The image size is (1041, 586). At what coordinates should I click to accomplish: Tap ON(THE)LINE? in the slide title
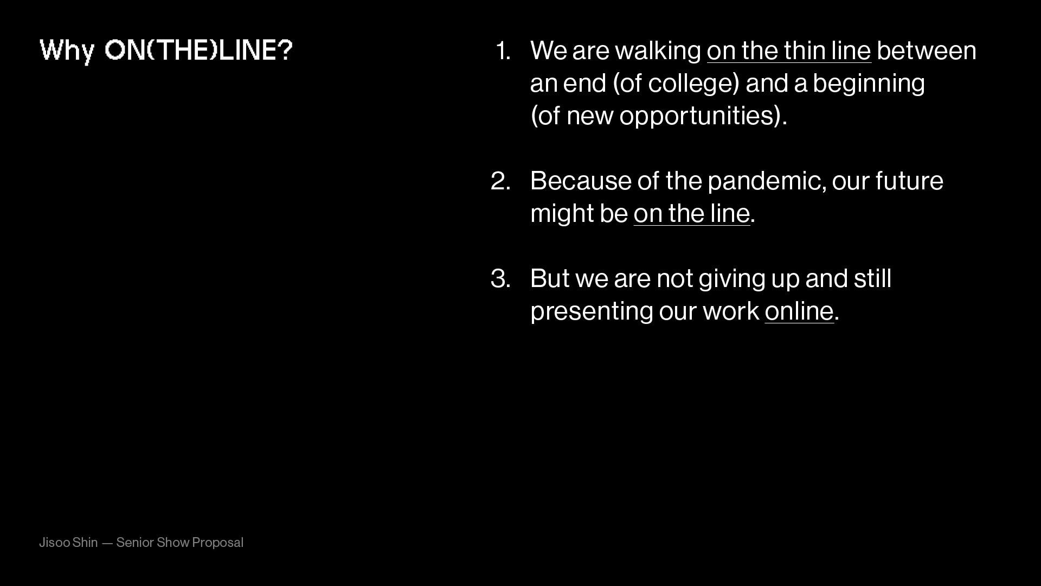tap(198, 50)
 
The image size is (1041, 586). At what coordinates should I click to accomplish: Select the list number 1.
tap(504, 50)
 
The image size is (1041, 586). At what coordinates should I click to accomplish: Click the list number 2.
tap(501, 181)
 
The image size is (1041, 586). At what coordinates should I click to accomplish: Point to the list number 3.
tap(501, 278)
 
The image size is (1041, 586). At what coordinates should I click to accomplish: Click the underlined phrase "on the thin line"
tap(789, 51)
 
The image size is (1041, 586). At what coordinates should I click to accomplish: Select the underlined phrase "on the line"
tap(692, 214)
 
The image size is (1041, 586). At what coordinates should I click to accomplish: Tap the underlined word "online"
tap(799, 311)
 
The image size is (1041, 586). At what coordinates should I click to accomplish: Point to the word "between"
tap(927, 50)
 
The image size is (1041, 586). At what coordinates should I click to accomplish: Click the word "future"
tap(909, 181)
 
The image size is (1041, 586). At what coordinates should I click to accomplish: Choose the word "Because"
tap(581, 181)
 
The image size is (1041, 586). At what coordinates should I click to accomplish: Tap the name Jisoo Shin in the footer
tap(68, 543)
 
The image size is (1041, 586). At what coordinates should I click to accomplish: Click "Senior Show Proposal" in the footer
tap(180, 543)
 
